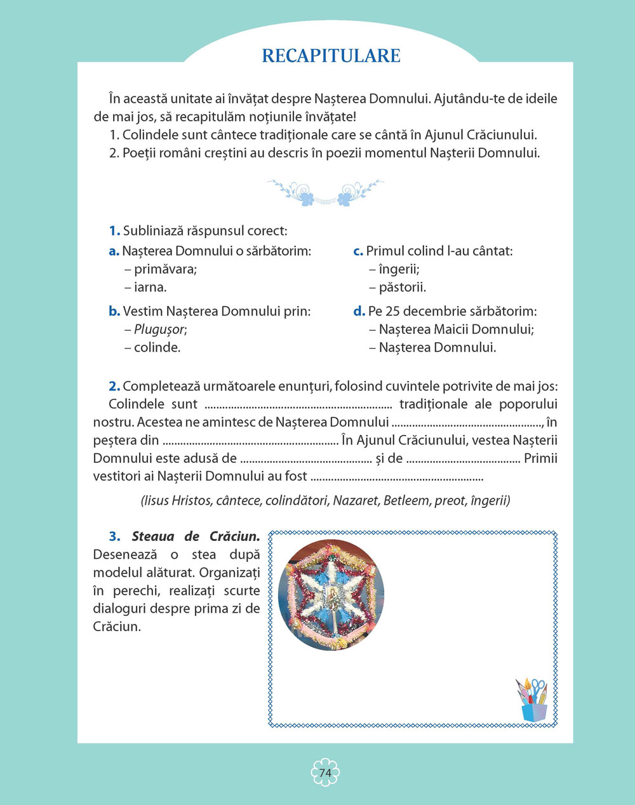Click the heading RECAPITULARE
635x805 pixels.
331,55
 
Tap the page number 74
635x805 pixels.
325,773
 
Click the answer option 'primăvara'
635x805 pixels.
165,269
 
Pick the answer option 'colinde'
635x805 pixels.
157,347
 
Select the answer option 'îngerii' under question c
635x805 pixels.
399,269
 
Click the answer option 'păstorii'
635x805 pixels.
402,287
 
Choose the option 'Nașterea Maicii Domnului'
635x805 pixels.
456,329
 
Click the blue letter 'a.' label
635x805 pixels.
114,251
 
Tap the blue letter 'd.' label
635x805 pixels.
359,312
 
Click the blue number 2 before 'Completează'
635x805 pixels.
114,386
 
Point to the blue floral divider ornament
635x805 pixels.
325,192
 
